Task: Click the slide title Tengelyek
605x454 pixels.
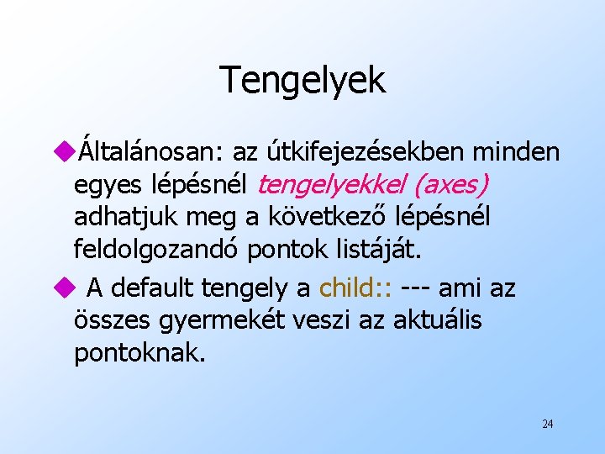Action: pyautogui.click(x=302, y=80)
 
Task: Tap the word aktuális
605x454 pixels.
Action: pyautogui.click(x=437, y=321)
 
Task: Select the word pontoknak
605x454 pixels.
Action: pyautogui.click(x=139, y=353)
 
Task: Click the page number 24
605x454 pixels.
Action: pyautogui.click(x=547, y=424)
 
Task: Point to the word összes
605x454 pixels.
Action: pyautogui.click(x=109, y=321)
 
